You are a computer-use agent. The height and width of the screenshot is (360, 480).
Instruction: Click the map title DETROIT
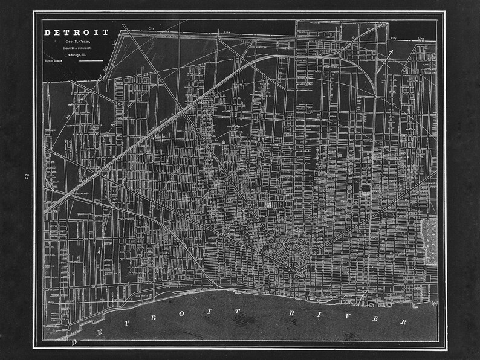coord(76,33)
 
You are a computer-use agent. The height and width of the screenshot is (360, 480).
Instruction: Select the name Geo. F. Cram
coord(76,42)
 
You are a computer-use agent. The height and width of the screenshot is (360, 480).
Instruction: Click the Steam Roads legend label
coord(53,61)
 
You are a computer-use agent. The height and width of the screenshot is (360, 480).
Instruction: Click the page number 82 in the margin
coord(27,176)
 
